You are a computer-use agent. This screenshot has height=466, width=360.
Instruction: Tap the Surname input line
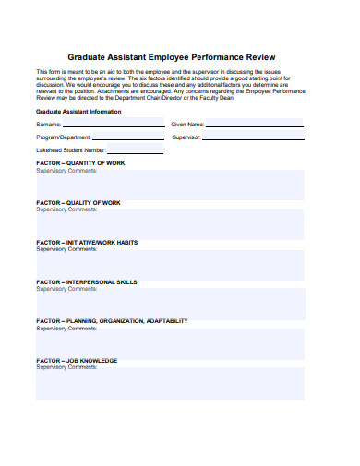[x=114, y=125]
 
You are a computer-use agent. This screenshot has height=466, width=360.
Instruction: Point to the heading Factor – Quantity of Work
[x=80, y=163]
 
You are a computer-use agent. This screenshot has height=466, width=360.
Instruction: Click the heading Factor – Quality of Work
[x=78, y=203]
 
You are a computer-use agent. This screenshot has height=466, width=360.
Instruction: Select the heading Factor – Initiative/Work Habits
[x=87, y=243]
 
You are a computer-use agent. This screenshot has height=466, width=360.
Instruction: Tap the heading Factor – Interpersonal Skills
[x=87, y=282]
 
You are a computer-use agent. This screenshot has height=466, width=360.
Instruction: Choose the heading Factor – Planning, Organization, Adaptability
[x=112, y=321]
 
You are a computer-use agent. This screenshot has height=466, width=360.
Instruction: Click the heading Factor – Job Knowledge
[x=77, y=361]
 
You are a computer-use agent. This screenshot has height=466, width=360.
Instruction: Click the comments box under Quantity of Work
[x=170, y=185]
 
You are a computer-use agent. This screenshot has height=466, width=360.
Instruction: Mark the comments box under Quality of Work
[x=170, y=224]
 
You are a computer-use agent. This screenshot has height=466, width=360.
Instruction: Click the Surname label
[x=49, y=124]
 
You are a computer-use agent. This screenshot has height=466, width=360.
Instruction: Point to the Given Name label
[x=187, y=124]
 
